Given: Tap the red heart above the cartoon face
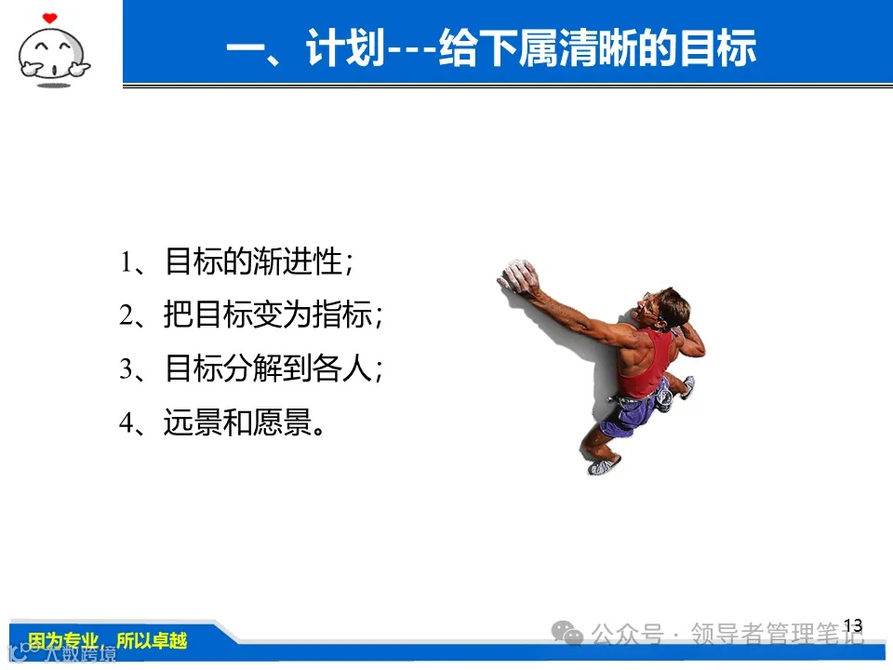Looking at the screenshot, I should pyautogui.click(x=50, y=17).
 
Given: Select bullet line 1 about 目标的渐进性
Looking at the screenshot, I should pyautogui.click(x=236, y=262).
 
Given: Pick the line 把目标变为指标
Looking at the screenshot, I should pyautogui.click(x=251, y=315).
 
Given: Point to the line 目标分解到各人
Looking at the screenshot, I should pyautogui.click(x=251, y=369).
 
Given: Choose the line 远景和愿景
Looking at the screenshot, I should pyautogui.click(x=223, y=422).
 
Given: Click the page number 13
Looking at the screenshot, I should pyautogui.click(x=852, y=625).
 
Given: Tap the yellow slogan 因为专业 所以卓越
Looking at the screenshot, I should pyautogui.click(x=107, y=641).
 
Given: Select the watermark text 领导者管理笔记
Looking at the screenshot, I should pyautogui.click(x=777, y=636).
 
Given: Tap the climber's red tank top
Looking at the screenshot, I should pyautogui.click(x=646, y=365).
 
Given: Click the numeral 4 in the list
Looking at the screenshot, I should pyautogui.click(x=127, y=423).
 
